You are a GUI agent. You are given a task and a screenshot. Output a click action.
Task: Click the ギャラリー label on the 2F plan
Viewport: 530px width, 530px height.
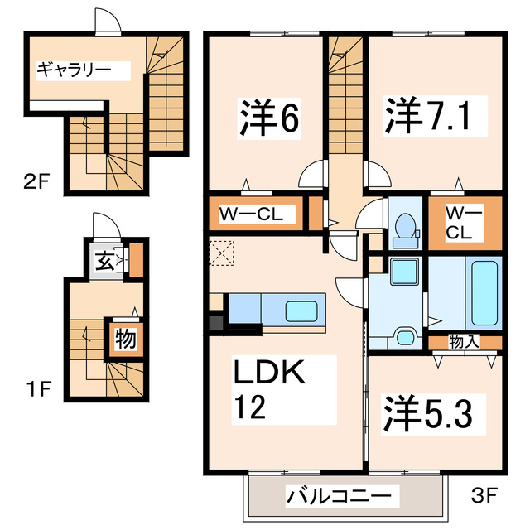coord(73,70)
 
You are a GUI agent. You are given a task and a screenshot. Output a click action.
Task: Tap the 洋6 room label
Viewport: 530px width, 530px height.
coord(268,118)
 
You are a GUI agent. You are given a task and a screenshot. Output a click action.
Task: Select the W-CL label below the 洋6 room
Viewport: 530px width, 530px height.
coord(251,214)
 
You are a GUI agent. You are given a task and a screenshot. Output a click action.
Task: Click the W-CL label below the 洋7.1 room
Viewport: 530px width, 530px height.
coord(464,221)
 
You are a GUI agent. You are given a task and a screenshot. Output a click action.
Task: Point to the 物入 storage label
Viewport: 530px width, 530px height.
coord(464,341)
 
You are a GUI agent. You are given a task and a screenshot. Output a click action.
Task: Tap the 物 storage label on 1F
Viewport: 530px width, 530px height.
coord(125,338)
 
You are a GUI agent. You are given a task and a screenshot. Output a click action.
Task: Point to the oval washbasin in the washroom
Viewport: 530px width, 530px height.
coord(405,336)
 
